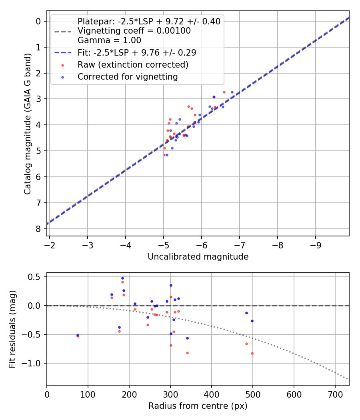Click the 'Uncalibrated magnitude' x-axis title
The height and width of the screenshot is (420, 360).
[198, 257]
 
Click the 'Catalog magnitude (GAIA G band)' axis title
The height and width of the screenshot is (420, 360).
[27, 123]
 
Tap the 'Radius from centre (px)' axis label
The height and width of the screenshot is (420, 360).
[198, 406]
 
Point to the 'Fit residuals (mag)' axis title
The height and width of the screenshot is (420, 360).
[12, 329]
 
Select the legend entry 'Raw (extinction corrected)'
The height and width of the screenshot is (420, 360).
[133, 64]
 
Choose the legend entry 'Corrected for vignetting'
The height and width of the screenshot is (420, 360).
[128, 77]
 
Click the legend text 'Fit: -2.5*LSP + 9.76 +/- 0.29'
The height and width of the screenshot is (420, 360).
[137, 52]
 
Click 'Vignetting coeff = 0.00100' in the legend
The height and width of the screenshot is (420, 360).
[134, 31]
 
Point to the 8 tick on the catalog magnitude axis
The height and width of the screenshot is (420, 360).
[38, 229]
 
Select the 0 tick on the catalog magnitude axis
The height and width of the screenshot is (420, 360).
[38, 21]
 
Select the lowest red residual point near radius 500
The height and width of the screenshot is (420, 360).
[252, 353]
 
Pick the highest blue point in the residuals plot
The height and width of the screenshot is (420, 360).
[122, 278]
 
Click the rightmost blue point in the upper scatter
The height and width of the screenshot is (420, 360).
[232, 92]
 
